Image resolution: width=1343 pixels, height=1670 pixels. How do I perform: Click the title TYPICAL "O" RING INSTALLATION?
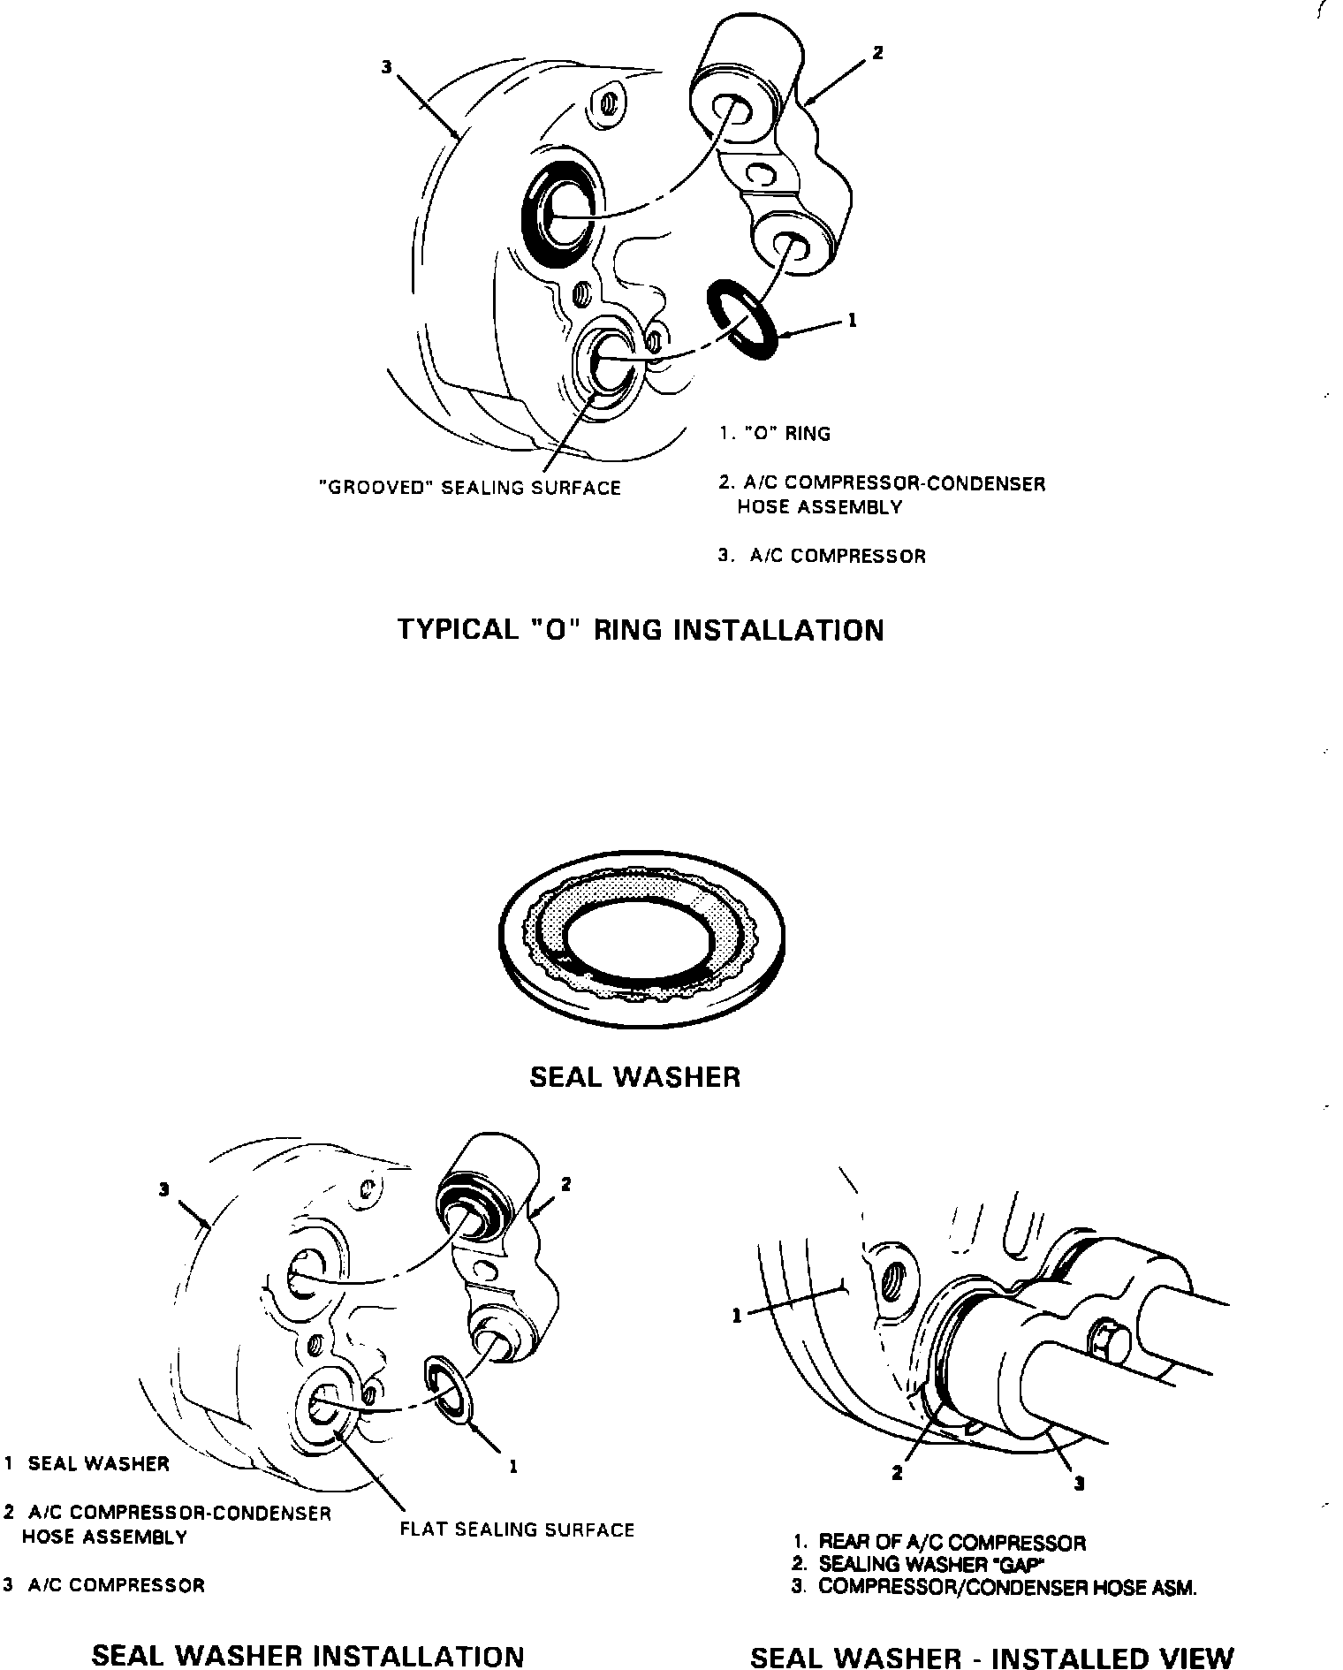click(x=640, y=630)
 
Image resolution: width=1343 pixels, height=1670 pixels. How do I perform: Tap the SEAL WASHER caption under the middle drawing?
click(x=634, y=1076)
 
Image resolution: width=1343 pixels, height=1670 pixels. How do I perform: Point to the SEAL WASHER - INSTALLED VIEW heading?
click(x=991, y=1658)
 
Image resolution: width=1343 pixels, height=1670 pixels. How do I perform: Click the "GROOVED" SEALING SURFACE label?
click(x=469, y=488)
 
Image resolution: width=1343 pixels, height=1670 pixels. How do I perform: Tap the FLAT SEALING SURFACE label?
click(x=517, y=1530)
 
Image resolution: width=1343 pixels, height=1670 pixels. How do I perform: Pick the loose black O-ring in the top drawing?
click(x=742, y=319)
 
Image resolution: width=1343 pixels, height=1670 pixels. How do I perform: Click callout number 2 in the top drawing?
click(x=877, y=53)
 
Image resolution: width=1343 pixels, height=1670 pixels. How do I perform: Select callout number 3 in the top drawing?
click(x=386, y=66)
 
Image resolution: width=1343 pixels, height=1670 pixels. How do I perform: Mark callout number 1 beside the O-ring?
click(x=852, y=321)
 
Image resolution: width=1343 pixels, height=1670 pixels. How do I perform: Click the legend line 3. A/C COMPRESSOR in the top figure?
click(x=822, y=557)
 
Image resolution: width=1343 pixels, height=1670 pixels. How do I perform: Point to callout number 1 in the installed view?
click(x=738, y=1316)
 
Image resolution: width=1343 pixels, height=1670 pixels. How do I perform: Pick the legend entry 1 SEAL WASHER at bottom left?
click(x=87, y=1463)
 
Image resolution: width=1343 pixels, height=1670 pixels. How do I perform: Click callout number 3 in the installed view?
click(x=1079, y=1484)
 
